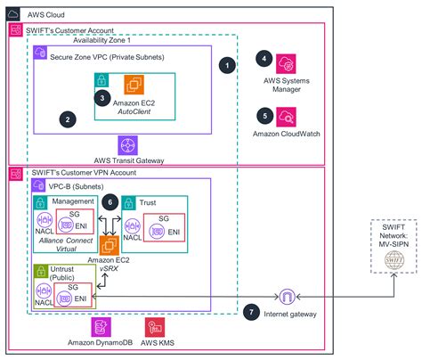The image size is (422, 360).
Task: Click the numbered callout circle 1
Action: click(229, 66)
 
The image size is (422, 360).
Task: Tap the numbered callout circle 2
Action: click(65, 117)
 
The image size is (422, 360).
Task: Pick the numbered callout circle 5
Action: click(263, 115)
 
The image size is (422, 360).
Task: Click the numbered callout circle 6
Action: click(110, 203)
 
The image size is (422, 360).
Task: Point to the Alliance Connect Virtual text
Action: click(67, 247)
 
